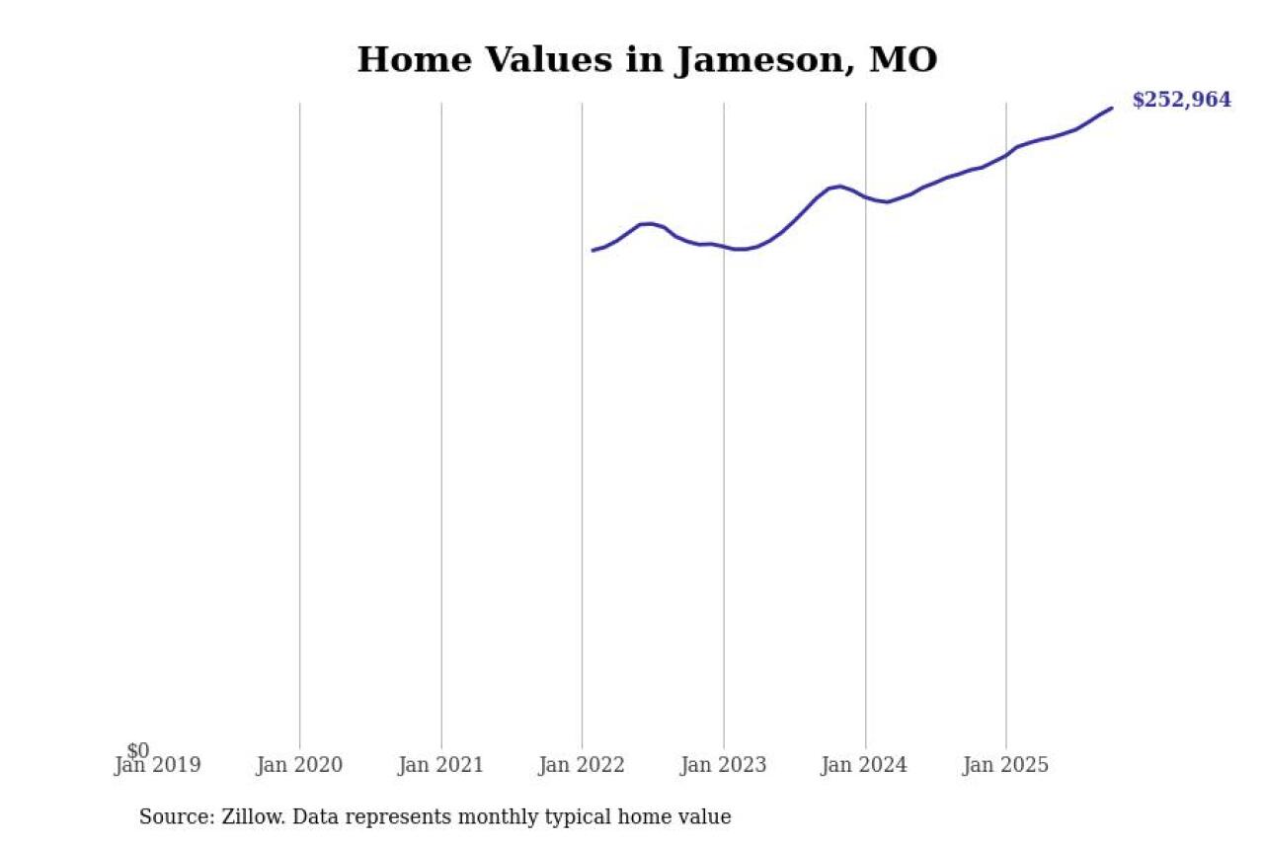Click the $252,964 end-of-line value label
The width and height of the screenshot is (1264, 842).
tap(1181, 100)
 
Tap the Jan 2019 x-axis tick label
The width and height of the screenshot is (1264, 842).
tap(158, 765)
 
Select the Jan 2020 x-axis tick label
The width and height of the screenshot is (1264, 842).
tap(299, 765)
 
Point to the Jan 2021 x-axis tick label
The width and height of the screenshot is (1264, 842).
tap(440, 765)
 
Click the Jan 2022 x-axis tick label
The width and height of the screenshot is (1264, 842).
tap(582, 765)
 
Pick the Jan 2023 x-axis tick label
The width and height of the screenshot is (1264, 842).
tap(723, 765)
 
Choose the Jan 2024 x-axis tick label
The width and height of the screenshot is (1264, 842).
tap(865, 765)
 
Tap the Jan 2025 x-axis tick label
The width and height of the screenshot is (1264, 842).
tap(1006, 765)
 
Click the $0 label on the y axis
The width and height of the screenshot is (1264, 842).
tap(138, 751)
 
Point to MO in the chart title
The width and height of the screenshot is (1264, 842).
tap(903, 60)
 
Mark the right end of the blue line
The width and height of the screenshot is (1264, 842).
tap(1112, 108)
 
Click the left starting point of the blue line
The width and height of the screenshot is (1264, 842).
tap(592, 250)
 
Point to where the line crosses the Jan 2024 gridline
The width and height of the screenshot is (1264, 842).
tap(865, 196)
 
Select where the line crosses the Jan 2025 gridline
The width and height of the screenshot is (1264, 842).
tap(1006, 154)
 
